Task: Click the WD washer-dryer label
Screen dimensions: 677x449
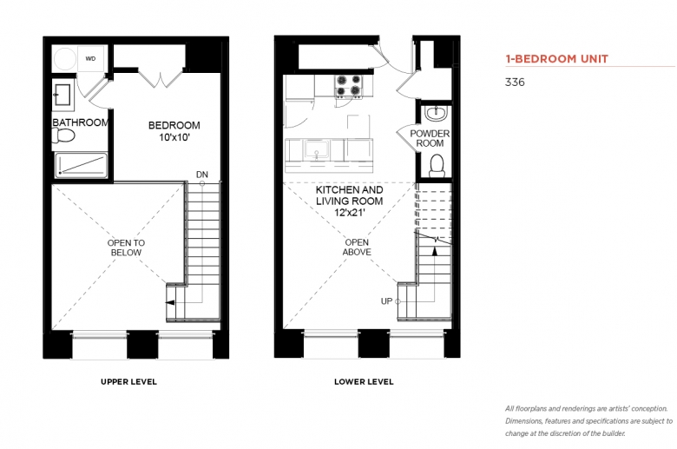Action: [90, 59]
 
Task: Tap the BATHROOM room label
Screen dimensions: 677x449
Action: [81, 122]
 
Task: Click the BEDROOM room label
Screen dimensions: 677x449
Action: [174, 125]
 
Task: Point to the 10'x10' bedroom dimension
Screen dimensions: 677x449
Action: [174, 137]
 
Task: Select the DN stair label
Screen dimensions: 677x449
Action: [202, 175]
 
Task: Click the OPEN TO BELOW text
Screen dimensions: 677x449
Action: [126, 248]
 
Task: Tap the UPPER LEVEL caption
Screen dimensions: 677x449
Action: [128, 381]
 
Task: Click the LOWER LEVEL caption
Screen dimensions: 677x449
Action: [364, 381]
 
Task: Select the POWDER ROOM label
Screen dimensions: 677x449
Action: [430, 138]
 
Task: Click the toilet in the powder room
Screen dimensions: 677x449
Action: [437, 166]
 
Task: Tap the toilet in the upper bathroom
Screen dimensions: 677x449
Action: [63, 135]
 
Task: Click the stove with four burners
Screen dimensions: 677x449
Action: [348, 86]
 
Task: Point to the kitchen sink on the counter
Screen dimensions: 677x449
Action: [317, 150]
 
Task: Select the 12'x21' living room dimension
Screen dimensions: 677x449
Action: [350, 213]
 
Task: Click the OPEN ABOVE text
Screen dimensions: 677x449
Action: [357, 248]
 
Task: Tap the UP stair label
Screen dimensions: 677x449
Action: [386, 301]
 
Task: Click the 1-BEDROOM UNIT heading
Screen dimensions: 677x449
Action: [557, 59]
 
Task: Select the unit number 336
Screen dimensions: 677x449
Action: [515, 83]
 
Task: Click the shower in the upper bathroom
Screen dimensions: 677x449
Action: [81, 165]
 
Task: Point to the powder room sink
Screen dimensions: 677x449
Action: [437, 114]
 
